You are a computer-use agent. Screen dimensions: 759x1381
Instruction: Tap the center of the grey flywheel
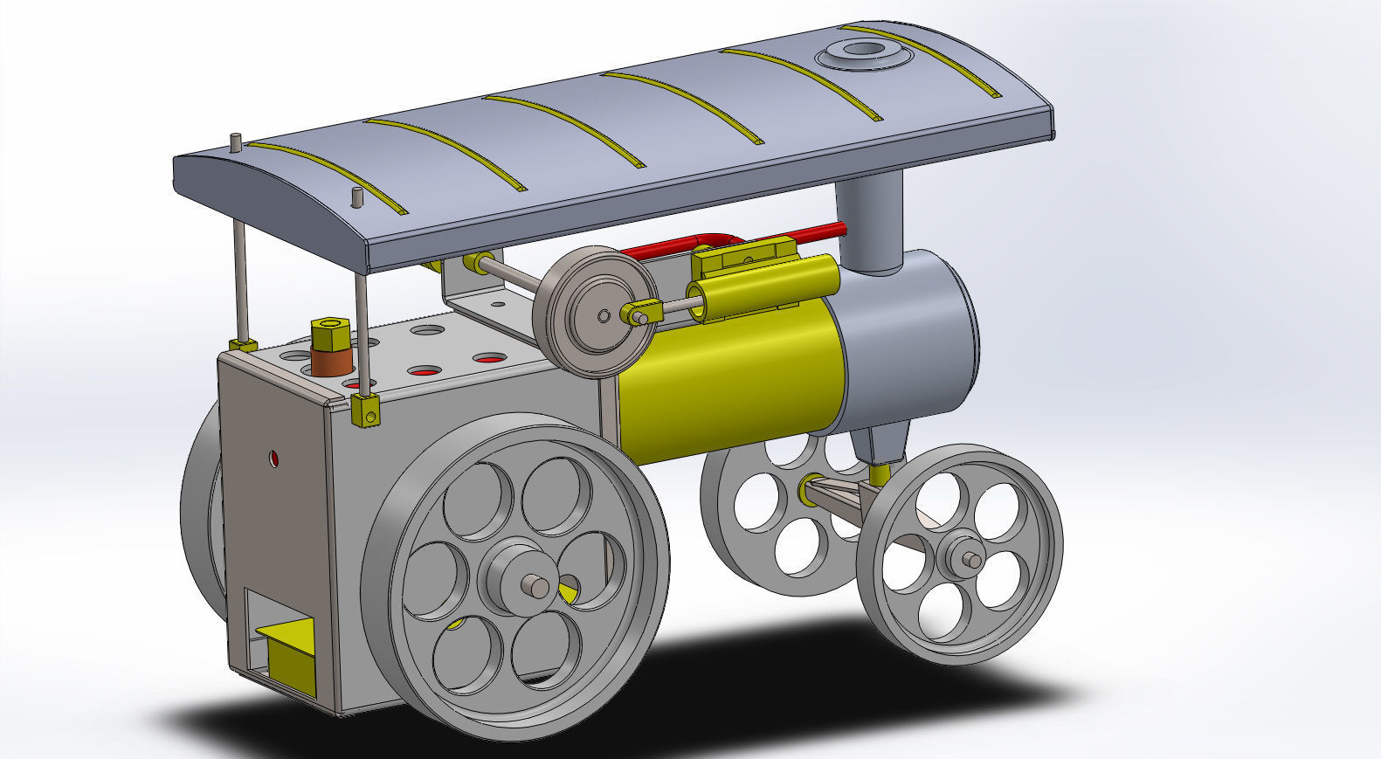click(604, 314)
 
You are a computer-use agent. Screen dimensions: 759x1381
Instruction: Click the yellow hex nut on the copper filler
click(330, 334)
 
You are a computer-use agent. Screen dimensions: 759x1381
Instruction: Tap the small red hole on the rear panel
click(274, 459)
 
